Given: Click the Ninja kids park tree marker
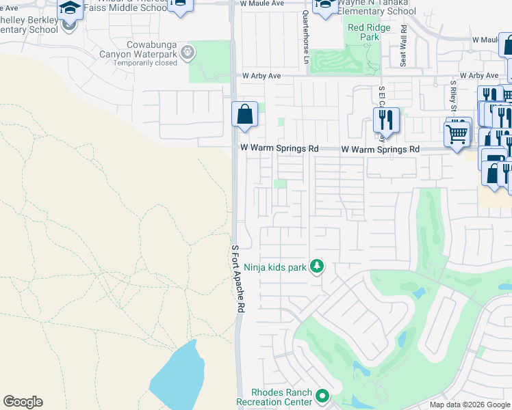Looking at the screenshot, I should pyautogui.click(x=316, y=266).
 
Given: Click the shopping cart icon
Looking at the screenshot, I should pyautogui.click(x=457, y=133).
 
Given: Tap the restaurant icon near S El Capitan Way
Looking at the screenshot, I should pyautogui.click(x=386, y=120).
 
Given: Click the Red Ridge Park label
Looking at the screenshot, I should pyautogui.click(x=363, y=32).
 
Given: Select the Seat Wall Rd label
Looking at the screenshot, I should pyautogui.click(x=404, y=46).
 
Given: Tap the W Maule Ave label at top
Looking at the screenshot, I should pyautogui.click(x=261, y=3).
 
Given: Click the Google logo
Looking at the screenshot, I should pyautogui.click(x=23, y=402).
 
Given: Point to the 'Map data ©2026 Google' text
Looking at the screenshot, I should pyautogui.click(x=470, y=405).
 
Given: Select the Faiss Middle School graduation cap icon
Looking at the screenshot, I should pyautogui.click(x=69, y=8).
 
